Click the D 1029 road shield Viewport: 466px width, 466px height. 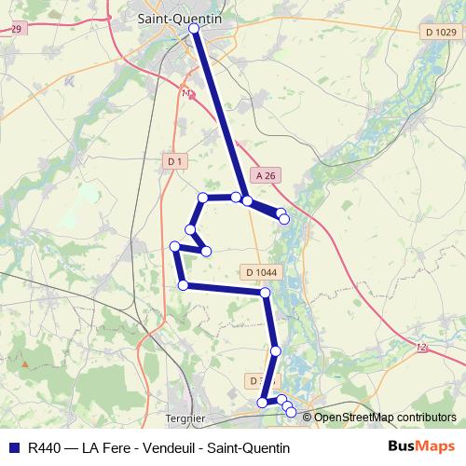point(439,33)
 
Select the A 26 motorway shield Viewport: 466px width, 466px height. point(266,174)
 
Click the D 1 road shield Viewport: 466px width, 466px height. point(174,161)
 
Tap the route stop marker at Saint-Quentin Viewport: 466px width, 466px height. point(194,30)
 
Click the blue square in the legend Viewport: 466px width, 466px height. point(13,447)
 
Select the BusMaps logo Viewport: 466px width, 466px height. point(421,447)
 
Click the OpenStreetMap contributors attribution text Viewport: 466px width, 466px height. point(385,417)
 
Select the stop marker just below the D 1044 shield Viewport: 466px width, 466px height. point(266,293)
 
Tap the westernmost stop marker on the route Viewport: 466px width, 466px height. point(174,246)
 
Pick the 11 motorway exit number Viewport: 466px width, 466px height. point(187,94)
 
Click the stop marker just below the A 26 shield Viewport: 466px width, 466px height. point(247,199)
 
